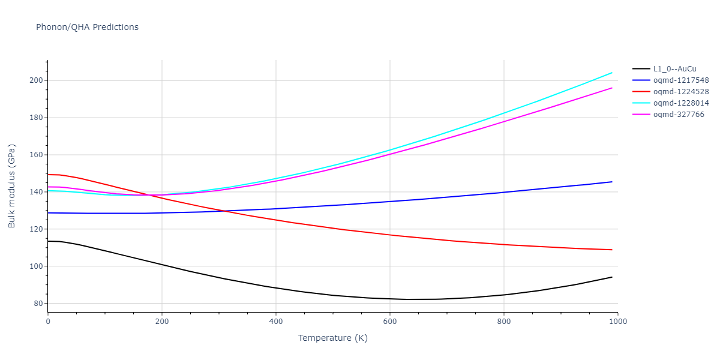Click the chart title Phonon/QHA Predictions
click(87, 27)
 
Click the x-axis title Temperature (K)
click(332, 338)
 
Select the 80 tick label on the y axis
click(38, 304)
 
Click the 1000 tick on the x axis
click(617, 322)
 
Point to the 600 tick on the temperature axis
click(390, 322)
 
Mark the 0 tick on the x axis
click(48, 322)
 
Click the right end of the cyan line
click(612, 73)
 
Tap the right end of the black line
click(612, 277)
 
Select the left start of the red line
click(48, 175)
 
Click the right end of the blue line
click(612, 182)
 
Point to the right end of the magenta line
click(612, 88)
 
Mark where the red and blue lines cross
click(187, 211)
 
